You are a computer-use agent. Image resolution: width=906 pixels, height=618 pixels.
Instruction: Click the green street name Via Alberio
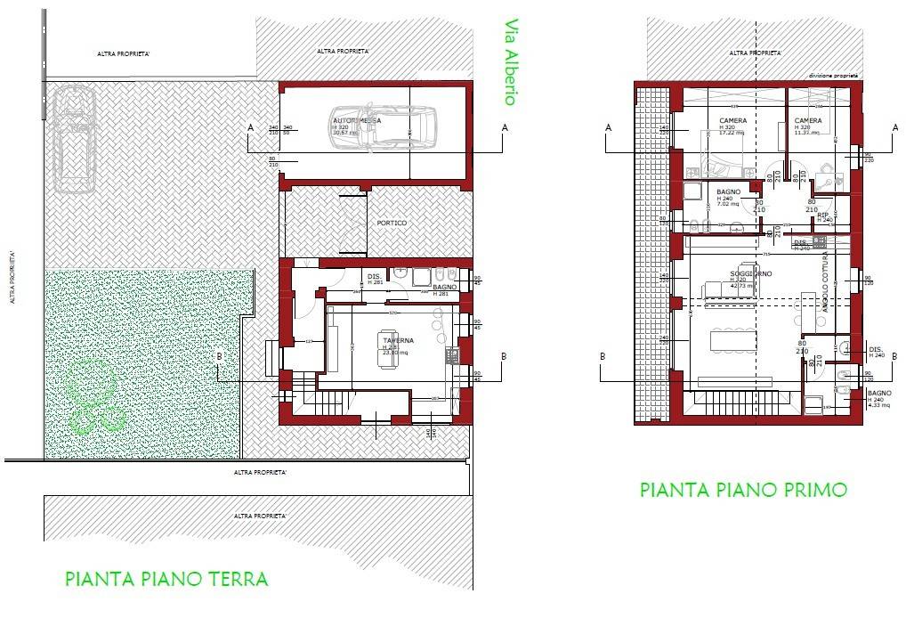(510, 62)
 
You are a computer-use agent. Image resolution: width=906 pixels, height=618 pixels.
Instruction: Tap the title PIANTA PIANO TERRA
(166, 579)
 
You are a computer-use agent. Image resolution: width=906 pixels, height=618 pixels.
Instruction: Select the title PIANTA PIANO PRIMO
(742, 489)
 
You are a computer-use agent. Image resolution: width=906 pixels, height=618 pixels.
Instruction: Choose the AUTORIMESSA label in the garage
(357, 120)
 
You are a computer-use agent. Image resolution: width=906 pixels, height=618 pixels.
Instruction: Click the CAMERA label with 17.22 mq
(732, 121)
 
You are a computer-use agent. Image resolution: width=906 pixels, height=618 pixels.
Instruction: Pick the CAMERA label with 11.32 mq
(807, 121)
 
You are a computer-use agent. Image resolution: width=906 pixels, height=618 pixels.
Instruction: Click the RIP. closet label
(823, 215)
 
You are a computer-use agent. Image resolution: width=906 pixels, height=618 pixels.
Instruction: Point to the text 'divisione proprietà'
(832, 77)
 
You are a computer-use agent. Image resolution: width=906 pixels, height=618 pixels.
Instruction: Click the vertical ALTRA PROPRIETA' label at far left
(12, 276)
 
